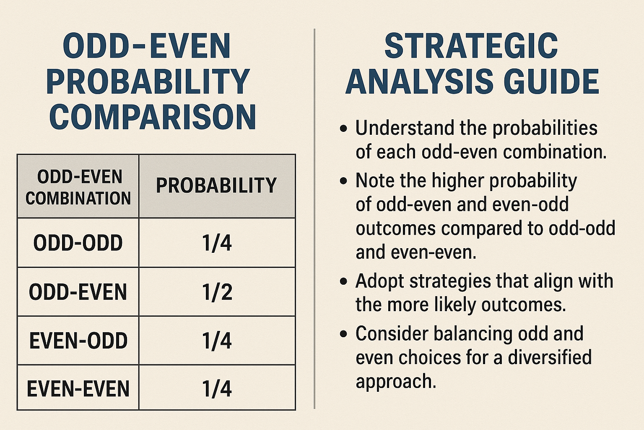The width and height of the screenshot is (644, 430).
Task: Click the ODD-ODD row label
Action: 78,243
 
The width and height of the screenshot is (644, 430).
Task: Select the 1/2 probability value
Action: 217,292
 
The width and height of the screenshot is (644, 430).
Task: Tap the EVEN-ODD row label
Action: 78,341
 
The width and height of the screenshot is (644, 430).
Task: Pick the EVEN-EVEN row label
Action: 78,388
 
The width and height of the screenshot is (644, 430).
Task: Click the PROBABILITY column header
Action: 216,185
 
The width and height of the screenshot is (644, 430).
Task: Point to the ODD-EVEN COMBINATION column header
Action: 78,187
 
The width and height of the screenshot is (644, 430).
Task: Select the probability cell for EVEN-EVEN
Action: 217,388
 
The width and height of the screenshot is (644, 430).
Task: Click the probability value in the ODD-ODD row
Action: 217,243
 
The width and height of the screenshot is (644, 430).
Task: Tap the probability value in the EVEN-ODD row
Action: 217,341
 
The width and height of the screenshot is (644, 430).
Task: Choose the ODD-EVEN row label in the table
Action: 78,292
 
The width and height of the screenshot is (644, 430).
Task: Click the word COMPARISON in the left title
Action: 153,117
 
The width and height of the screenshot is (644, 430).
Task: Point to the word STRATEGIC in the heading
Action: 471,46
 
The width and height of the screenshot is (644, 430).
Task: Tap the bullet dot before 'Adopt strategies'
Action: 343,281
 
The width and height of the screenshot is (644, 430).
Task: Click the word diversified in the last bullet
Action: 550,357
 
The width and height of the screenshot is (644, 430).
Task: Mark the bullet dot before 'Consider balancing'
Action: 343,334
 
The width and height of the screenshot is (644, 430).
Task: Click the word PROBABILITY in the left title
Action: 148,81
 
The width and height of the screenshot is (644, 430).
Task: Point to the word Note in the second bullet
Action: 375,180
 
